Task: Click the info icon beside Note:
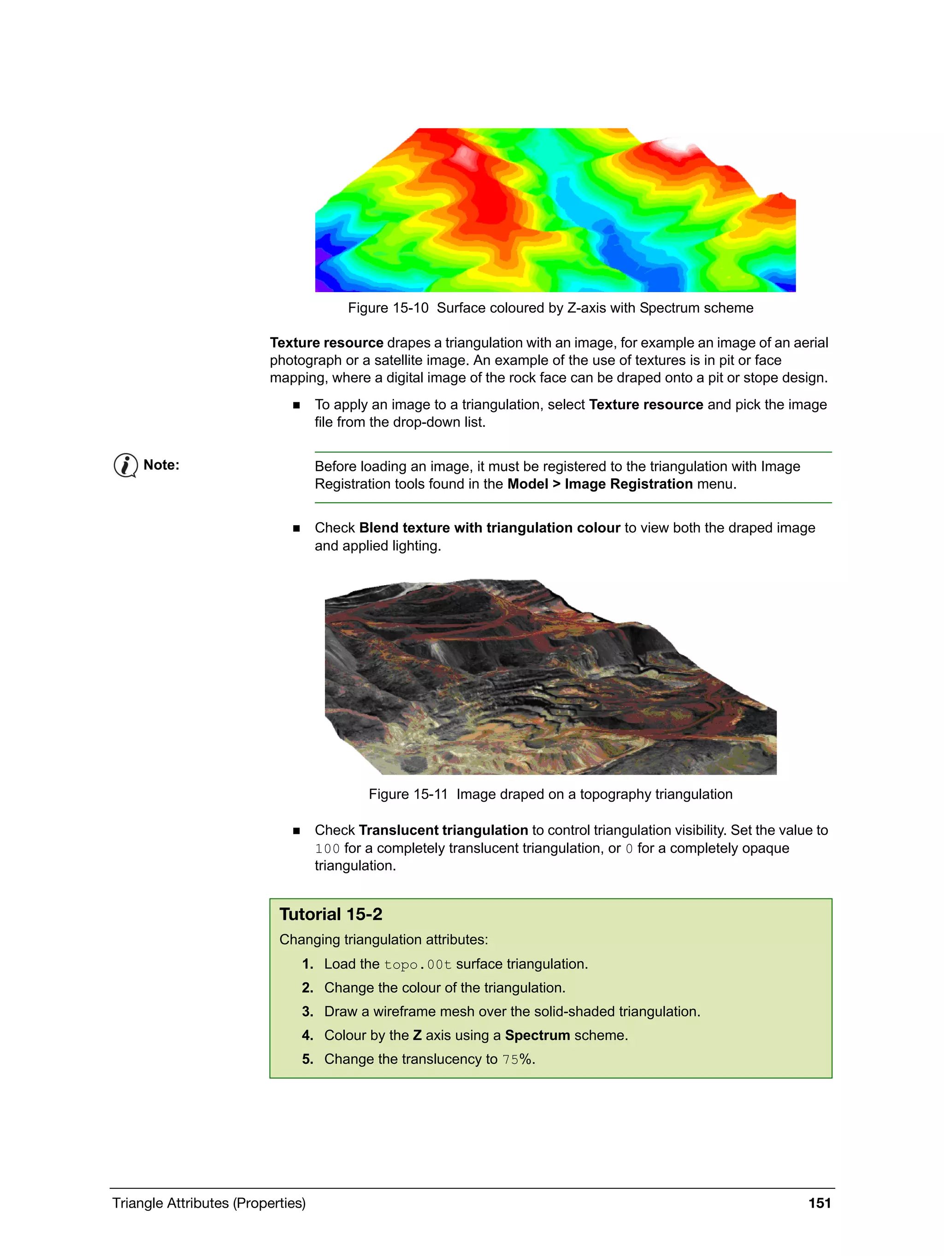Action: pyautogui.click(x=125, y=466)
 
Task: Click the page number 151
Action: pyautogui.click(x=819, y=1203)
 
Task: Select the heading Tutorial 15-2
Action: pyautogui.click(x=330, y=914)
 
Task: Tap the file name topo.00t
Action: pyautogui.click(x=418, y=965)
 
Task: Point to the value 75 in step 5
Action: pyautogui.click(x=510, y=1060)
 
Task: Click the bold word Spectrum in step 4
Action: pyautogui.click(x=537, y=1035)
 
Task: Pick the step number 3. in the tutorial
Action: pyautogui.click(x=307, y=1011)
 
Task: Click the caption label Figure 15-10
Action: pyautogui.click(x=388, y=308)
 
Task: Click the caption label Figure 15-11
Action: pyautogui.click(x=408, y=794)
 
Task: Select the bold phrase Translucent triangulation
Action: pyautogui.click(x=443, y=830)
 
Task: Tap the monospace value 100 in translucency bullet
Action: pyautogui.click(x=327, y=848)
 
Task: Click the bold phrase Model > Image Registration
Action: pyautogui.click(x=599, y=484)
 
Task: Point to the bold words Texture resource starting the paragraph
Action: pyautogui.click(x=327, y=343)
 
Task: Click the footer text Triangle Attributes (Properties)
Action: pyautogui.click(x=208, y=1203)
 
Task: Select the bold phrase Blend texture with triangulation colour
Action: pyautogui.click(x=489, y=528)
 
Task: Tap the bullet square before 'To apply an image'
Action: pyautogui.click(x=296, y=405)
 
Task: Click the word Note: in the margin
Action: pyautogui.click(x=161, y=465)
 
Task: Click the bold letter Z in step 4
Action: pyautogui.click(x=417, y=1035)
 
